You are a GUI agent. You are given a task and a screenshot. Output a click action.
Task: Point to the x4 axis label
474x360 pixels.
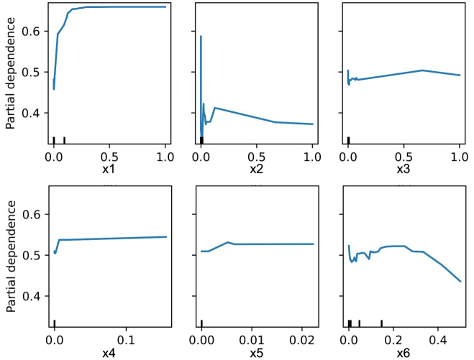click(109, 353)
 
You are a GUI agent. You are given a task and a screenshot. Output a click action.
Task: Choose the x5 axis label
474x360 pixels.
click(257, 353)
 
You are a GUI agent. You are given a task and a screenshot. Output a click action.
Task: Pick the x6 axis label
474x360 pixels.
click(404, 353)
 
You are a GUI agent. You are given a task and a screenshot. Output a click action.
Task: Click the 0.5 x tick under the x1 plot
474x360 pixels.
click(109, 156)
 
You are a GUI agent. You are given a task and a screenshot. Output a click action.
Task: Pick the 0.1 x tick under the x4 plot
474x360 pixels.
click(127, 338)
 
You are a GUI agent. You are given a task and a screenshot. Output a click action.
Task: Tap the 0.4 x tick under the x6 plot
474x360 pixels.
click(438, 338)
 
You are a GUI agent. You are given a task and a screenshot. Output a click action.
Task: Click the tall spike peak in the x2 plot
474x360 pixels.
click(201, 36)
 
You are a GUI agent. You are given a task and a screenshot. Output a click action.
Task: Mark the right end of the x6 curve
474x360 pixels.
click(460, 281)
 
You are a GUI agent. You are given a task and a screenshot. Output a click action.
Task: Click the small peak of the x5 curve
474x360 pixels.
click(227, 242)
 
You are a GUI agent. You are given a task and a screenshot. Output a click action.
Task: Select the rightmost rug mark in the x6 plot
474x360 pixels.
click(381, 323)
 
